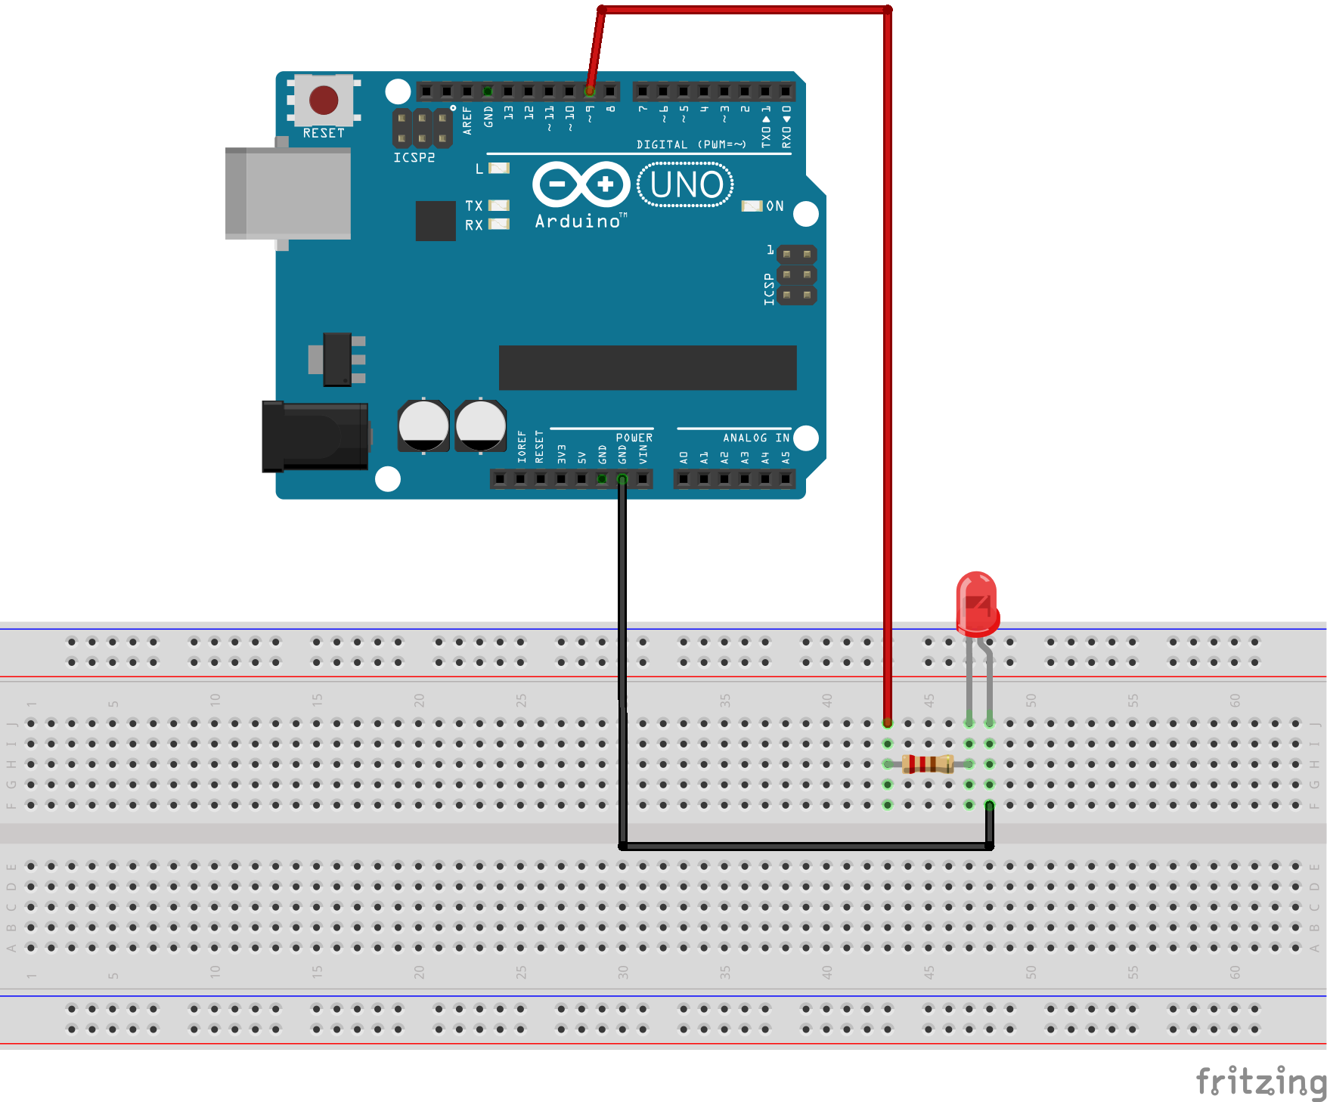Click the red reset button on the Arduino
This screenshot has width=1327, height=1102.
coord(324,100)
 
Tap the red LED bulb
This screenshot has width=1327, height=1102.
coord(977,603)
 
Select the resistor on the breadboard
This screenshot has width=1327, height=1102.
coord(928,764)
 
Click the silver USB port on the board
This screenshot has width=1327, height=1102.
coord(289,193)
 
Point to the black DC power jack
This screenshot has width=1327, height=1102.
coord(315,437)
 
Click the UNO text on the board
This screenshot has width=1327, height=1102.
coord(686,185)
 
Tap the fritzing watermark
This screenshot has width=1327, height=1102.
coord(1260,1082)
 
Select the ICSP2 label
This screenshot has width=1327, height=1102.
coord(414,158)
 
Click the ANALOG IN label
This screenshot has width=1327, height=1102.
coord(755,438)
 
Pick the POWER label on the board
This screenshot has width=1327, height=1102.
coord(634,438)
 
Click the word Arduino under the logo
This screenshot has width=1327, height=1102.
coord(578,221)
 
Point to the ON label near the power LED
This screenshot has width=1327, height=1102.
coord(775,206)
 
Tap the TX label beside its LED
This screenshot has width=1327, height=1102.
coord(474,206)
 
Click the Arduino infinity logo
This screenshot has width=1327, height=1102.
coord(581,184)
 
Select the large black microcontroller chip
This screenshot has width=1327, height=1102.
coord(647,368)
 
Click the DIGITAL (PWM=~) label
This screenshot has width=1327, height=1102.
coord(691,144)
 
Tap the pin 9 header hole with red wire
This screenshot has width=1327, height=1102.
coord(590,91)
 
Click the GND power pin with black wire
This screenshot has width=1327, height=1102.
coord(622,479)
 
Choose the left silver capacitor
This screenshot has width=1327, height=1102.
coord(423,426)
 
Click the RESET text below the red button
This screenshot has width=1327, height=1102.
coord(324,133)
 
